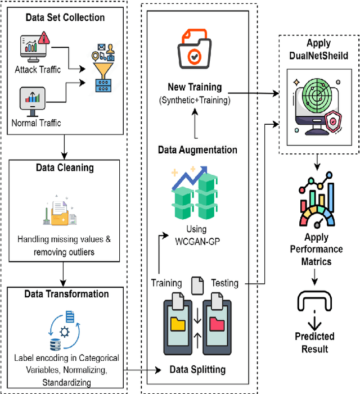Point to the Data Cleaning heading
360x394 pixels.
65,167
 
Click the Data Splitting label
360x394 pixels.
197,369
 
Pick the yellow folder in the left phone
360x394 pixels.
177,324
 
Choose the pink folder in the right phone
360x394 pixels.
216,324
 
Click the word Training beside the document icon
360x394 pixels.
166,283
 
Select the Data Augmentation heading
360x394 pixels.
197,150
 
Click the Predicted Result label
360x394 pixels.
314,342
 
